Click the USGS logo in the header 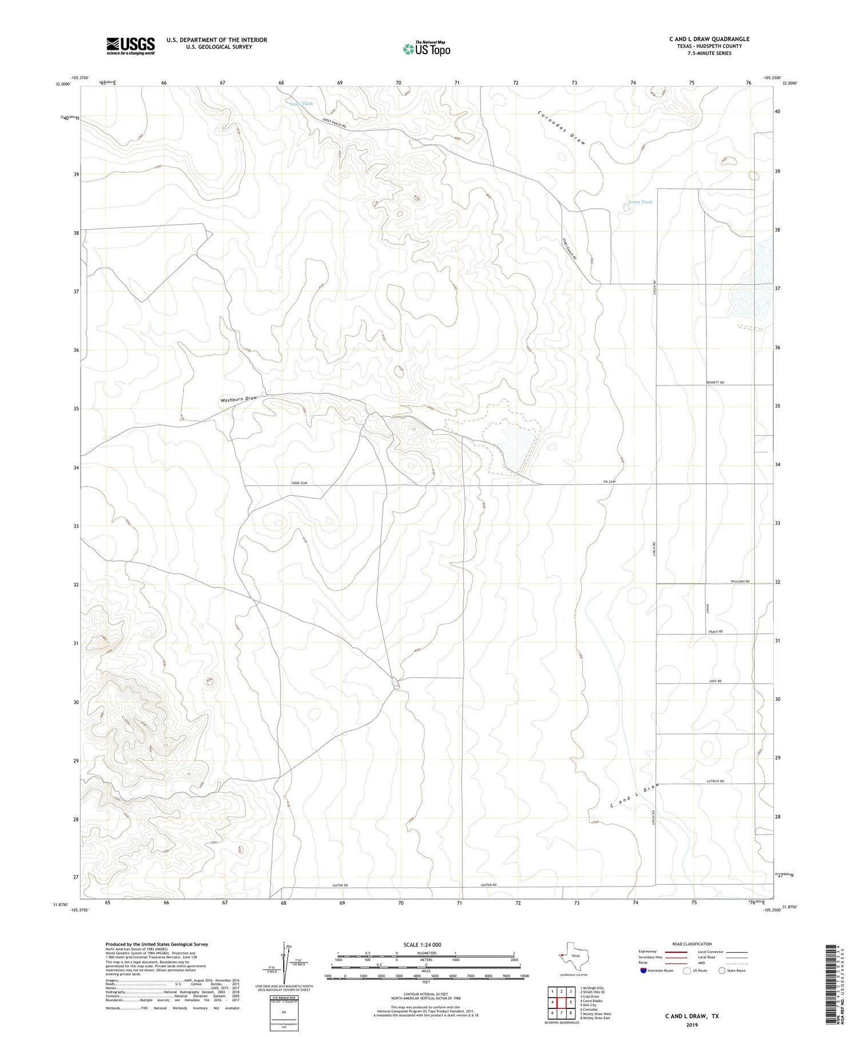pyautogui.click(x=130, y=46)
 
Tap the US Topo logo pyautogui.click(x=426, y=49)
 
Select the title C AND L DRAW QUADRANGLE pyautogui.click(x=709, y=39)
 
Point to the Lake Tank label pyautogui.click(x=301, y=104)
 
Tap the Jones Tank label pyautogui.click(x=639, y=202)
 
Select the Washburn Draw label pyautogui.click(x=239, y=399)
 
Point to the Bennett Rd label pyautogui.click(x=714, y=382)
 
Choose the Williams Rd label pyautogui.click(x=740, y=581)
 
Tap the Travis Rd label pyautogui.click(x=716, y=631)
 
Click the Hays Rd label pyautogui.click(x=715, y=681)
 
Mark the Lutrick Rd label pyautogui.click(x=715, y=781)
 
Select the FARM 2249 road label pyautogui.click(x=300, y=483)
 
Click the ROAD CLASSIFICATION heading pyautogui.click(x=692, y=944)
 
